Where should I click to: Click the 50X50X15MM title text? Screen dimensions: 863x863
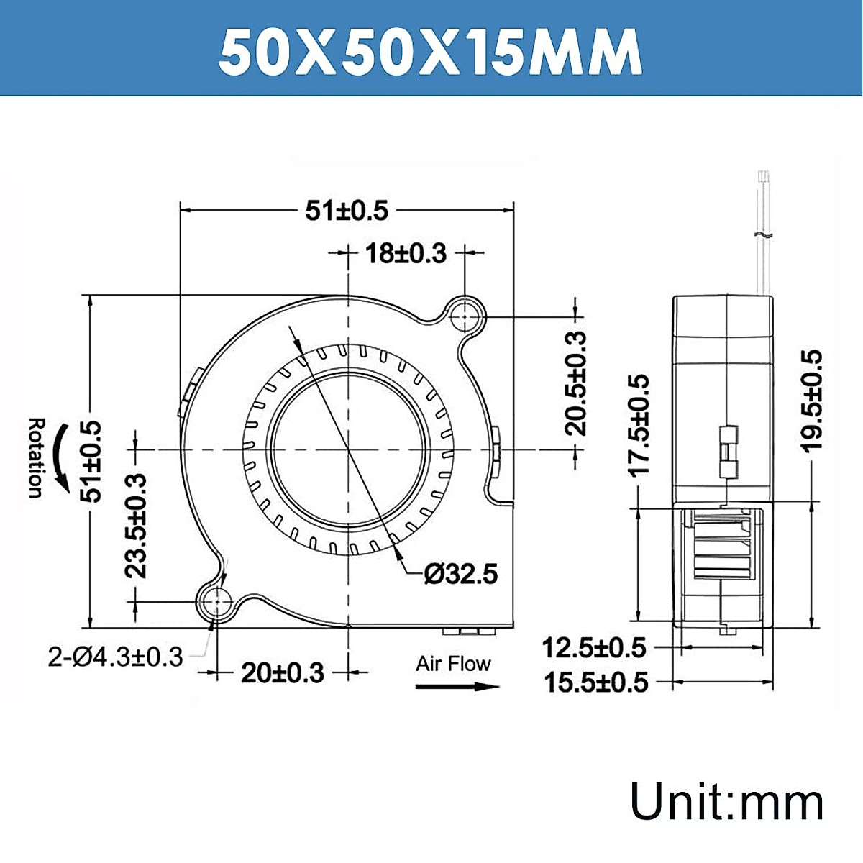point(430,52)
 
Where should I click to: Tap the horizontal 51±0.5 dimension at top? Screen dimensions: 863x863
point(347,211)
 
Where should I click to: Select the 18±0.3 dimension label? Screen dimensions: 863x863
point(406,254)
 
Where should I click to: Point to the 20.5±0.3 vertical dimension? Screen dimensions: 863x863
point(576,384)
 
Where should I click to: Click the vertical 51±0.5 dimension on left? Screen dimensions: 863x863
point(92,461)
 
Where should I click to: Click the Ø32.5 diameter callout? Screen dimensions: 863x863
point(461,574)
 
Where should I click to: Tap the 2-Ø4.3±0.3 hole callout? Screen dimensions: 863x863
point(115,657)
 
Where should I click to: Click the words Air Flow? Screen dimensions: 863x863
point(452,664)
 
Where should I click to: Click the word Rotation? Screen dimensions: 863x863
point(35,457)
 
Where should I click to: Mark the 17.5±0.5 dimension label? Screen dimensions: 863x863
point(639,424)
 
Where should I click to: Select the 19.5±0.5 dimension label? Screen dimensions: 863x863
point(811,401)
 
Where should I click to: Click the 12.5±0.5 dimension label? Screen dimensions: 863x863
point(594,648)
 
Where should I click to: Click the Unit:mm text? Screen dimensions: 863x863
point(726,802)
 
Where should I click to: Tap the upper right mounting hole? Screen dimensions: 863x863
point(466,316)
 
